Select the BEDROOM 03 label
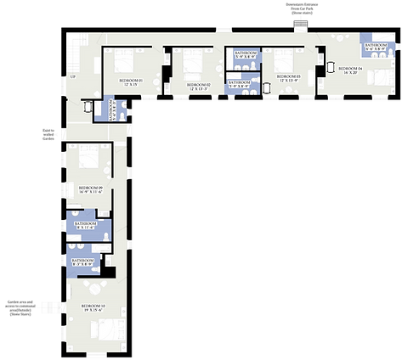point(288,76)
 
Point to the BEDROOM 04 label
point(350,68)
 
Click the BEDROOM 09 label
point(90,188)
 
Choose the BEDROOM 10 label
point(93,306)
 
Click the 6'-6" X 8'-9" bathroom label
point(375,47)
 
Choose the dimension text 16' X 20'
point(350,73)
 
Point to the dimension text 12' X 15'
point(130,85)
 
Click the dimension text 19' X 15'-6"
point(93,311)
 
